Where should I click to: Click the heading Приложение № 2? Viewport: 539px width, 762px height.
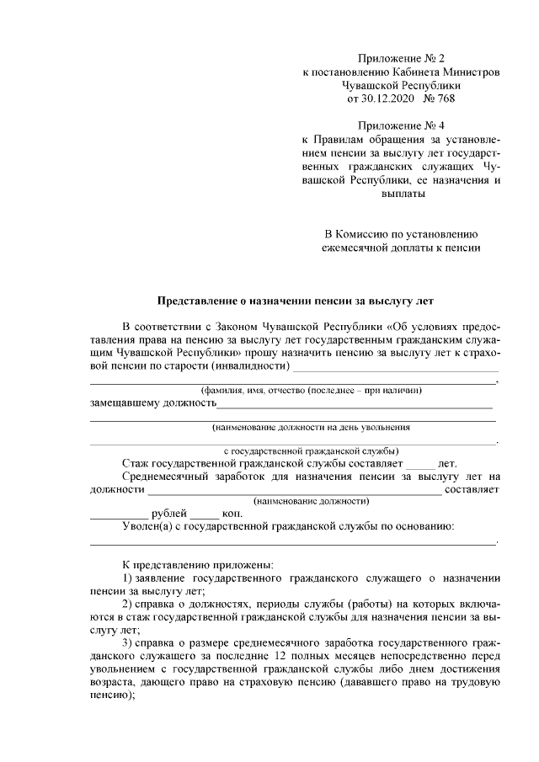coord(400,59)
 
